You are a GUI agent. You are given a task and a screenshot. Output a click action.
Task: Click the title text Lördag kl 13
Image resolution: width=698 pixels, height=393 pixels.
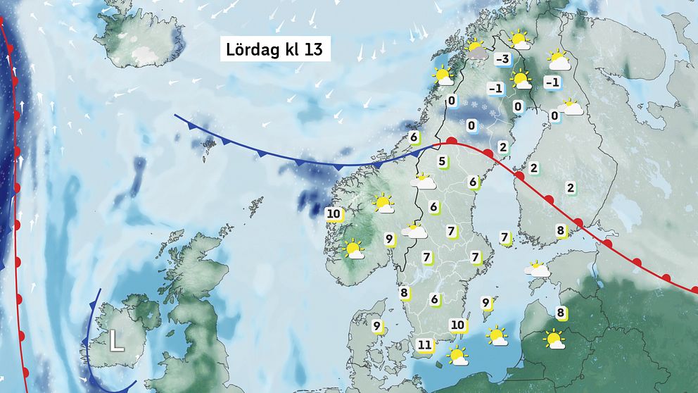click(x=274, y=51)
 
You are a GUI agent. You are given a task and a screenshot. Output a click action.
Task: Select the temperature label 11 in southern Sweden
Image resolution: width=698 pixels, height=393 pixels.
click(x=424, y=344)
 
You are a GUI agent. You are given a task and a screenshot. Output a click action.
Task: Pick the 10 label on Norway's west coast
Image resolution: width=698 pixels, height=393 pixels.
click(x=334, y=213)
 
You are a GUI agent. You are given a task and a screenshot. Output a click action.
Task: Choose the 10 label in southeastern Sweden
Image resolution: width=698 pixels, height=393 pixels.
click(x=457, y=325)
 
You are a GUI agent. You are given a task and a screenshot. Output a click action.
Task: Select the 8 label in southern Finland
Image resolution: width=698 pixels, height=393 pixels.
click(x=561, y=230)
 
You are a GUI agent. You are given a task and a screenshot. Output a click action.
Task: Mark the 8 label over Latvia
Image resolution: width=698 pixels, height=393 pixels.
click(x=561, y=313)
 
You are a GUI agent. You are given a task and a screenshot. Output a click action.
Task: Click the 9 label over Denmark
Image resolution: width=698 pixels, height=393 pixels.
click(x=376, y=326)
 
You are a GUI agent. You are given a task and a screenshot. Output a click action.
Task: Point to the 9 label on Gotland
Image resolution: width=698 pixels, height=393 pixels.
click(x=486, y=303)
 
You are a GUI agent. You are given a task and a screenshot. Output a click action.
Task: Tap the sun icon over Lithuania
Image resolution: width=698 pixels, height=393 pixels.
click(x=554, y=339)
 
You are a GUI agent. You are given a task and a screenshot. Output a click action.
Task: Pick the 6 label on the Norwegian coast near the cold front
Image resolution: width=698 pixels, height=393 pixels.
click(x=414, y=137)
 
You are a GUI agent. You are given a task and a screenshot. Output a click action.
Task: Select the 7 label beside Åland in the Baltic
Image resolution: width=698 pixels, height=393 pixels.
click(x=504, y=237)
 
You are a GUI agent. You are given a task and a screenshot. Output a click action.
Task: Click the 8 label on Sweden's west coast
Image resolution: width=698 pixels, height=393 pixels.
click(x=404, y=293)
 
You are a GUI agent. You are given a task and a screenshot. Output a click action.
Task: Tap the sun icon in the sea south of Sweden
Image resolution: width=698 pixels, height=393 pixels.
click(x=458, y=355)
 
